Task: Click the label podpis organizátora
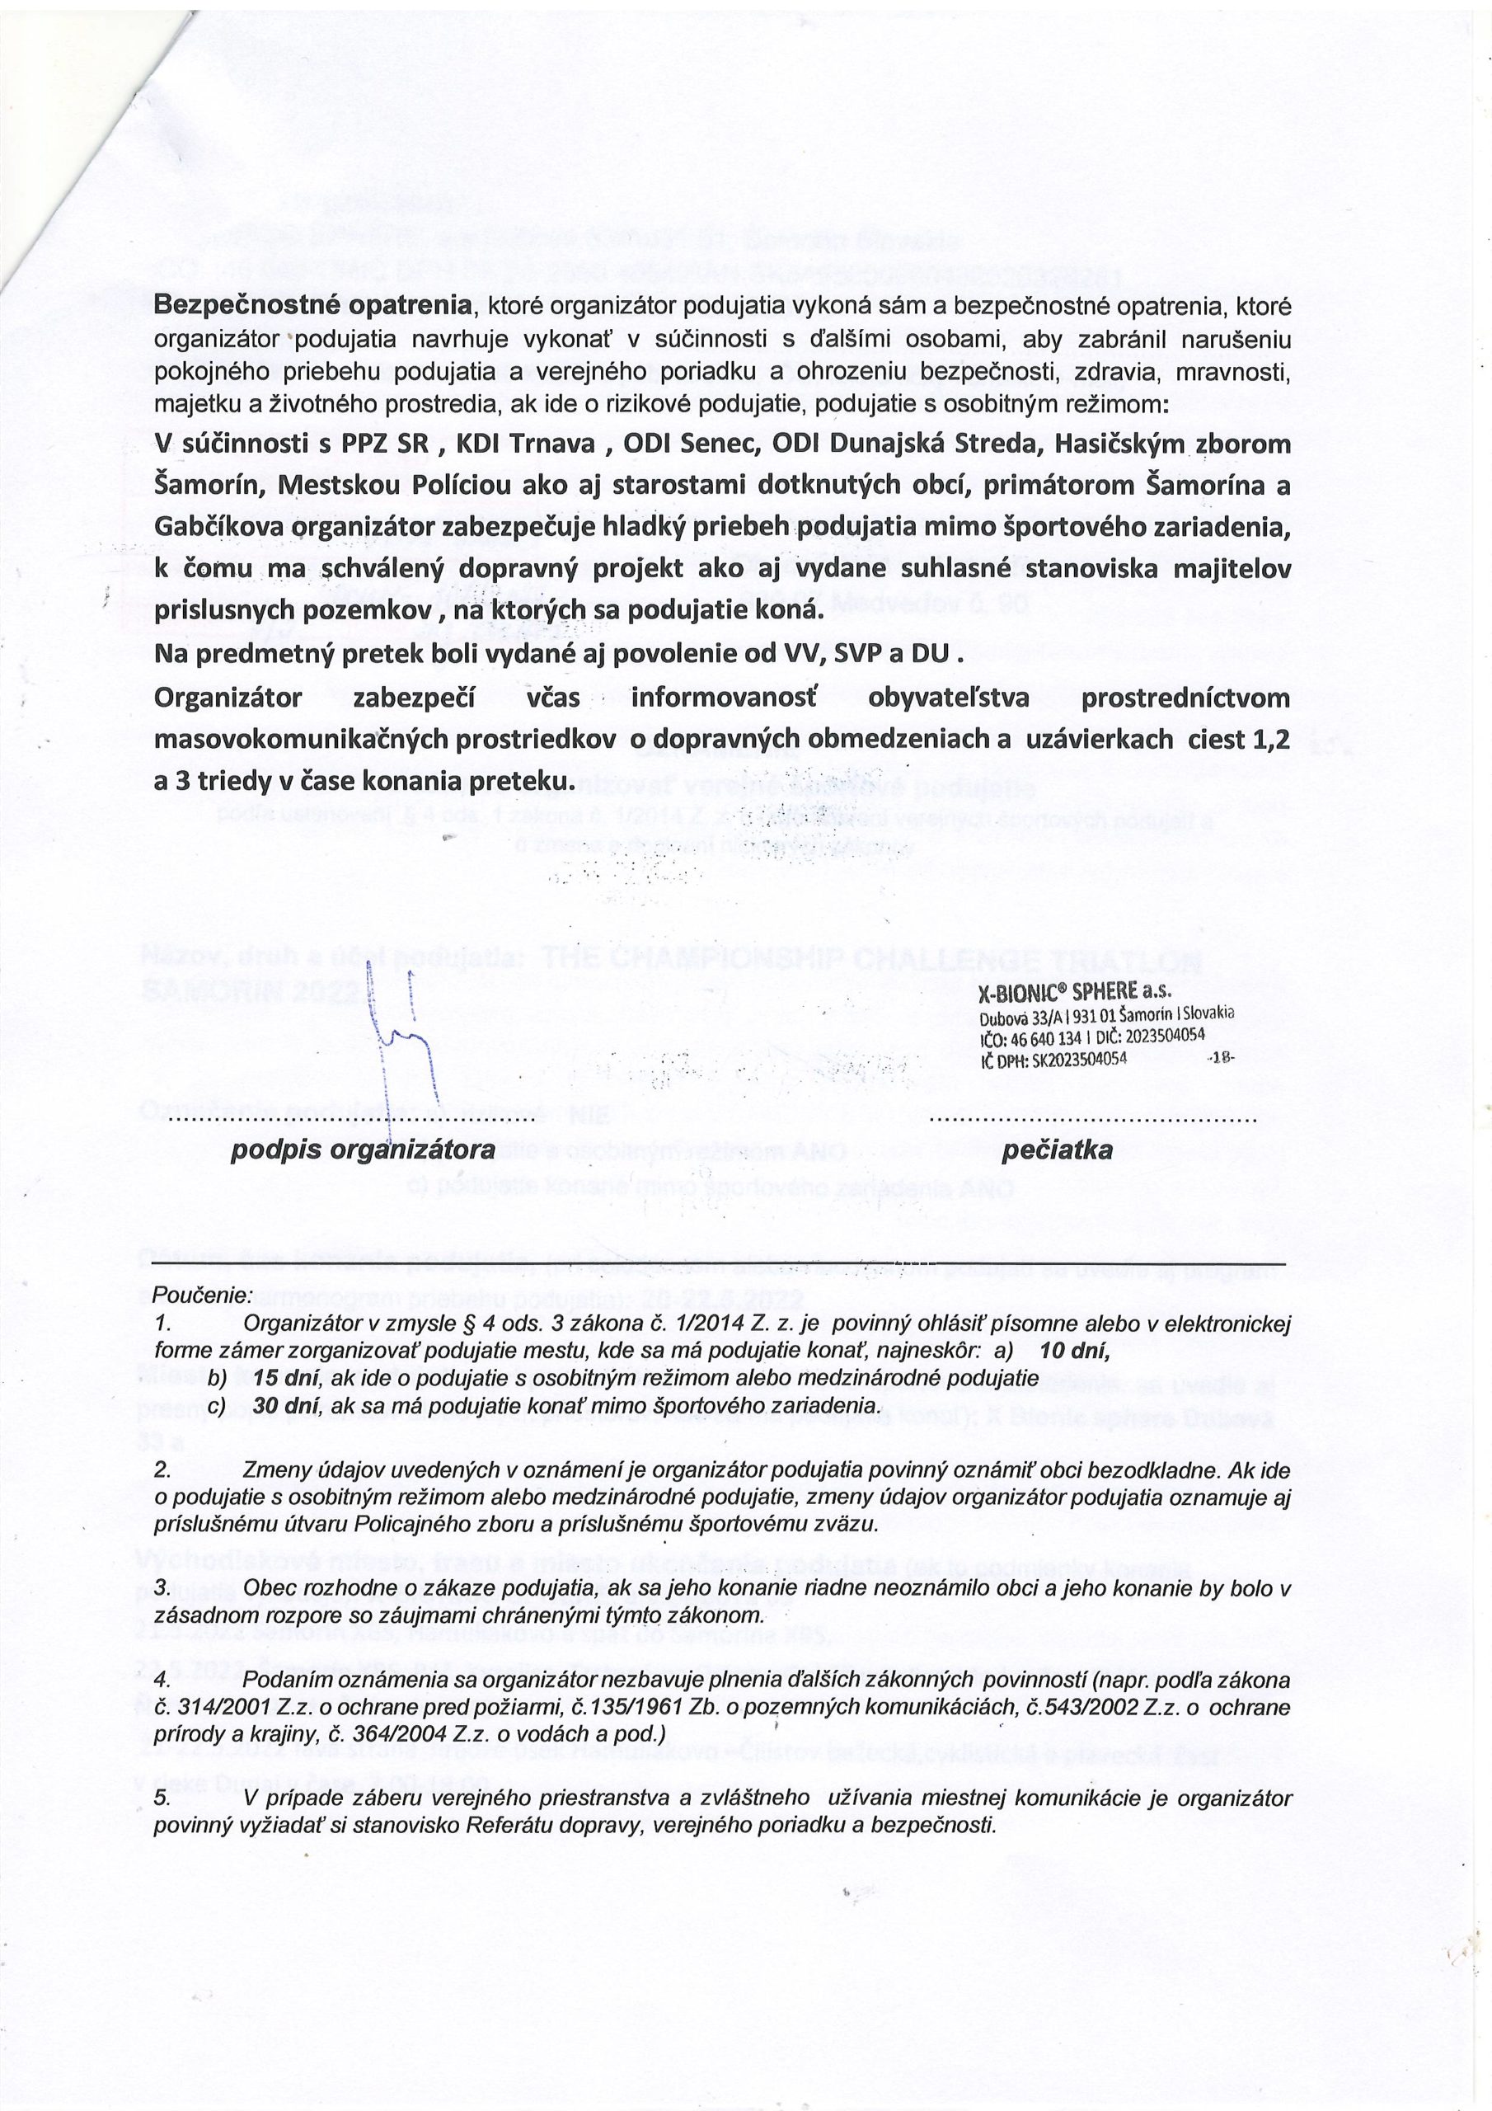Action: pos(364,1150)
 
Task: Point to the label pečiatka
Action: pos(1058,1150)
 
